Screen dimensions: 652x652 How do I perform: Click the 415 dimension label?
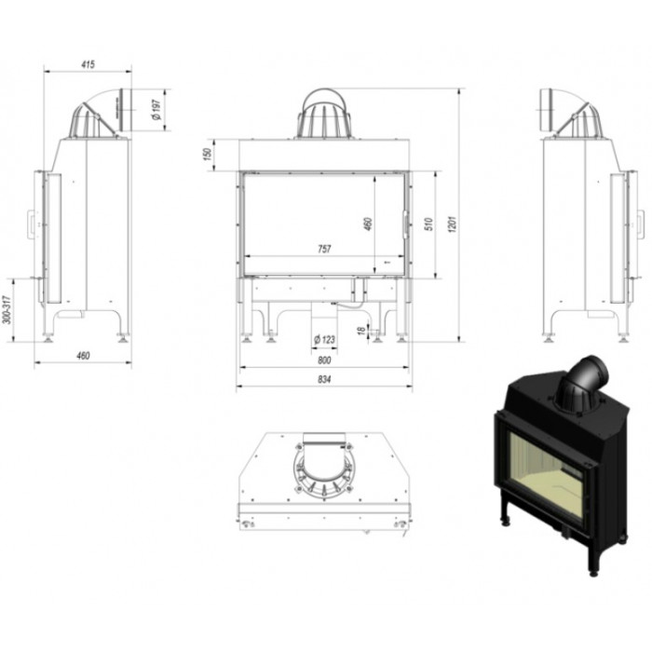click(88, 64)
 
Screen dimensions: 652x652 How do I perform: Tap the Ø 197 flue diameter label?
click(156, 110)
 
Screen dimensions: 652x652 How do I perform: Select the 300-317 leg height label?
click(7, 310)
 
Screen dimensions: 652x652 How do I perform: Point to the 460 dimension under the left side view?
click(83, 356)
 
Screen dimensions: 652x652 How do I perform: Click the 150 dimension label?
click(208, 154)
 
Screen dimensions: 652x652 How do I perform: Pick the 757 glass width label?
click(324, 249)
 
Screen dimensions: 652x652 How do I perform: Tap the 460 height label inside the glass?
click(368, 224)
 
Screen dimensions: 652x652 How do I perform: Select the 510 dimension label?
click(429, 224)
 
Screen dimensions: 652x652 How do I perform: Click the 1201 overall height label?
click(453, 224)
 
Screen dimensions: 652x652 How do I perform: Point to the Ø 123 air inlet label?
click(324, 339)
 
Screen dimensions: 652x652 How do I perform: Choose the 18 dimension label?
click(361, 331)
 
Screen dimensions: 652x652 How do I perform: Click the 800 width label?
click(324, 360)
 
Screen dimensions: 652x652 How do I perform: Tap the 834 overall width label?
click(324, 379)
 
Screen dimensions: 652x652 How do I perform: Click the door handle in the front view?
click(404, 224)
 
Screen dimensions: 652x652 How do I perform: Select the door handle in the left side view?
click(31, 224)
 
